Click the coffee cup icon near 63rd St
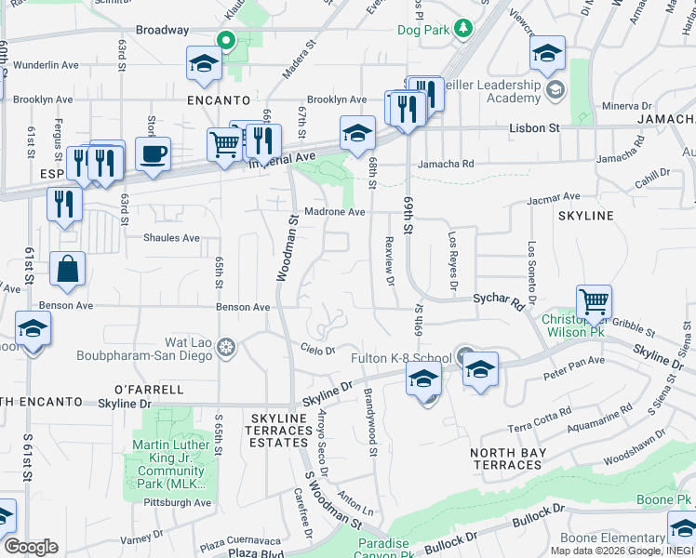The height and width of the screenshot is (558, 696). (153, 153)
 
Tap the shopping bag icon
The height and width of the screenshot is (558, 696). (68, 270)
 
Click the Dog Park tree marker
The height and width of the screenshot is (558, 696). (463, 30)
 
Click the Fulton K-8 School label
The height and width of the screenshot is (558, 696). (400, 358)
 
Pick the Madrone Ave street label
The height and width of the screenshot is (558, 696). (335, 212)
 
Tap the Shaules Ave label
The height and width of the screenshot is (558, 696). (171, 238)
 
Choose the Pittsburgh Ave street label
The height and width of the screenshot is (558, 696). (178, 503)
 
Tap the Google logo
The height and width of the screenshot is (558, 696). (31, 547)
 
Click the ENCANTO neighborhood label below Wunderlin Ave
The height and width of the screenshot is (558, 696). (219, 100)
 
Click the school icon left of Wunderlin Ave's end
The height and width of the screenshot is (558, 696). (202, 64)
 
